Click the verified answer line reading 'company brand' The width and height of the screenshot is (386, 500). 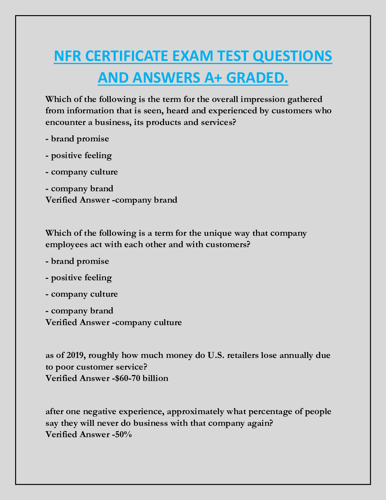[111, 200]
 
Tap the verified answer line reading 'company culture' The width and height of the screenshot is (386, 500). [114, 323]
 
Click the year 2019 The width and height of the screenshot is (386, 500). [76, 355]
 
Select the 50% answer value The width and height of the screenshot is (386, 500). [124, 435]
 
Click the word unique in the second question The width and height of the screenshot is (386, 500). [218, 233]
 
